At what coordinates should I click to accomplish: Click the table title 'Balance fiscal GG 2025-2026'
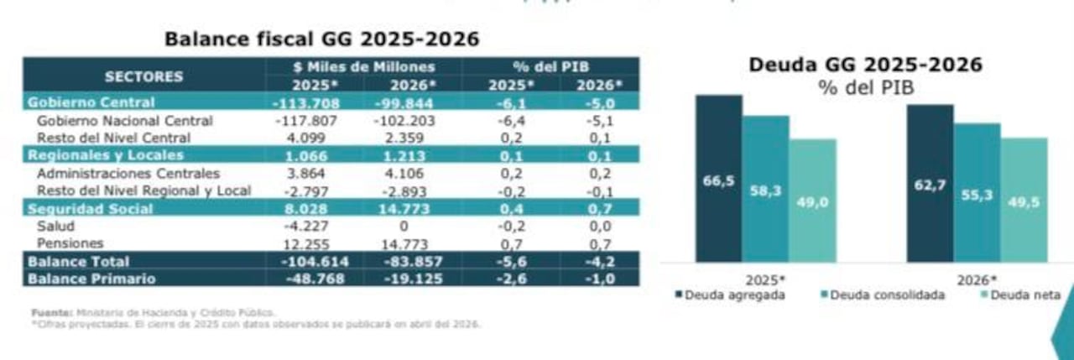click(x=322, y=39)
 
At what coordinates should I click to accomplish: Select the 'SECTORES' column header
click(x=143, y=76)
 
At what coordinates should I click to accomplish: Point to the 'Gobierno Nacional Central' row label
click(x=124, y=121)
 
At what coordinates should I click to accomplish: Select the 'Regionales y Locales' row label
click(x=106, y=156)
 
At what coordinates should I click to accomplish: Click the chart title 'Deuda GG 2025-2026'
click(x=865, y=65)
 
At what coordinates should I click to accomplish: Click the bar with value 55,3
click(x=977, y=193)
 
